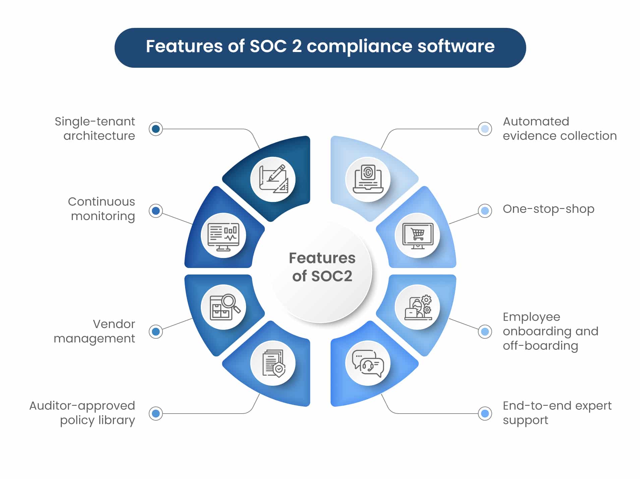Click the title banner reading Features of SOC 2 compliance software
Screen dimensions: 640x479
point(320,48)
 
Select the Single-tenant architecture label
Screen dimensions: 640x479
point(95,128)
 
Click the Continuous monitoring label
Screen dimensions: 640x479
point(101,209)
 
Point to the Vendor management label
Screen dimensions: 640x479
point(95,331)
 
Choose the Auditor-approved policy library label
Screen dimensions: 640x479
point(82,413)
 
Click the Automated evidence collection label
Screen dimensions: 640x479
point(560,128)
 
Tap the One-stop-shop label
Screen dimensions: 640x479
point(548,209)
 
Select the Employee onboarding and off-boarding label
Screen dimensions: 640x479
point(550,331)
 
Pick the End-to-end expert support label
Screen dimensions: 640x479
point(557,413)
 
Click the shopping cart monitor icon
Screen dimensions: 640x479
point(418,235)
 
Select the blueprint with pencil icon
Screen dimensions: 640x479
point(273,179)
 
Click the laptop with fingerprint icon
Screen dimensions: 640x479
point(368,179)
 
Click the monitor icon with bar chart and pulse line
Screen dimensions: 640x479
point(223,236)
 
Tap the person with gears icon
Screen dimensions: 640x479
point(418,308)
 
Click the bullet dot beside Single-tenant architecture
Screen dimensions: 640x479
point(156,129)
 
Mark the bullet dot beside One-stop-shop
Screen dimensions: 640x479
point(485,211)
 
